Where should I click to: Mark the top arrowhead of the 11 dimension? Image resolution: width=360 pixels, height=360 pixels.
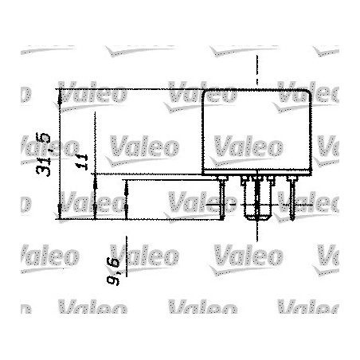coord(95,177)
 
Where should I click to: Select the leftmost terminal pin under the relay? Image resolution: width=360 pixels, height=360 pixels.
coord(222,195)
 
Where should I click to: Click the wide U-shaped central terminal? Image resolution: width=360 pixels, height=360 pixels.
coord(257,203)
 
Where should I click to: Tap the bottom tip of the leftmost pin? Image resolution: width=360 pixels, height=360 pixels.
coord(222,216)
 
